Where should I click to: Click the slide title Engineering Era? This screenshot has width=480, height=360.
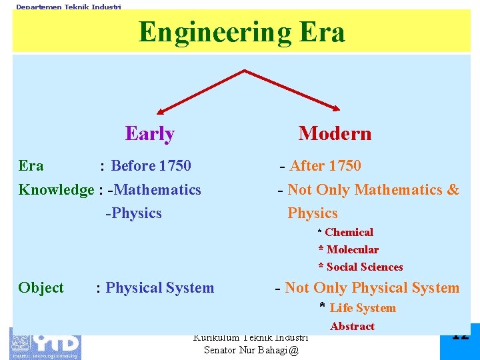(241, 32)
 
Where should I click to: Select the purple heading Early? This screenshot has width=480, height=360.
(150, 133)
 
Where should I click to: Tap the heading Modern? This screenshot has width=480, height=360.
(335, 133)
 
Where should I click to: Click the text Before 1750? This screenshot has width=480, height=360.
(151, 165)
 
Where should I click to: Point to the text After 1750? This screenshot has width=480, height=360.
(325, 165)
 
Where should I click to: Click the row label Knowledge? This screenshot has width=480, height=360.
(56, 190)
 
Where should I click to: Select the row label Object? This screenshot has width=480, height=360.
(41, 288)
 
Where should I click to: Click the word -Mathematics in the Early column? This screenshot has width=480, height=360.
(157, 190)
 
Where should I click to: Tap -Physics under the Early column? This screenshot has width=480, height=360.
(133, 213)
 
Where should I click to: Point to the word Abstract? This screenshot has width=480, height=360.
(352, 326)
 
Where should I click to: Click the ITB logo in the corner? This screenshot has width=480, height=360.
(45, 343)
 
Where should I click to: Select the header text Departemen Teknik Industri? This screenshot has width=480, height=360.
(69, 7)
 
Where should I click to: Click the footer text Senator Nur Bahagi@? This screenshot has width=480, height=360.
(251, 350)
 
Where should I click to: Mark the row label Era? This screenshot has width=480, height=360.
(31, 165)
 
